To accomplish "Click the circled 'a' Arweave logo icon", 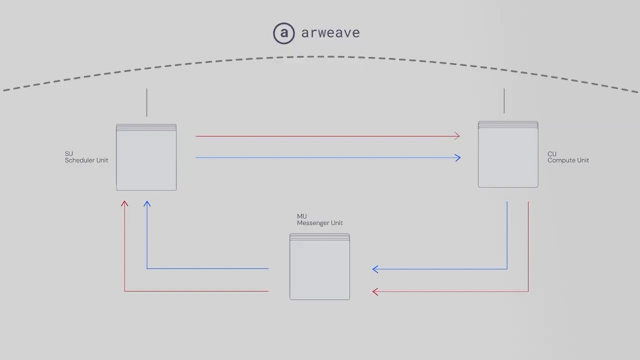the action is pos(283,33).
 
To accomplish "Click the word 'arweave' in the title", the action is pos(330,33).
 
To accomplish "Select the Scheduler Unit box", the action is pos(146,157).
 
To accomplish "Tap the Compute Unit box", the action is pos(508,154).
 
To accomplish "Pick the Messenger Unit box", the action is pos(319,266).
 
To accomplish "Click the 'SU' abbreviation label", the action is pos(69,153).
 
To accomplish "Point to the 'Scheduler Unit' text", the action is pos(86,160).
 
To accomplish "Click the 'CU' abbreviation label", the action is pos(552,154).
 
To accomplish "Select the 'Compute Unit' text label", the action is pos(568,160).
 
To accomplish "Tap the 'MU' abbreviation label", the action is pos(301,216).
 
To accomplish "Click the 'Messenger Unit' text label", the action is pos(319,223).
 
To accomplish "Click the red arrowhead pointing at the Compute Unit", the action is pos(457,136).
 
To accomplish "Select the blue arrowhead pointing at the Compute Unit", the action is pos(457,157).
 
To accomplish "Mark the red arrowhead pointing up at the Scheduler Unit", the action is pos(124,203).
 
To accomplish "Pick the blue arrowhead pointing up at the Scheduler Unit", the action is pos(147,203).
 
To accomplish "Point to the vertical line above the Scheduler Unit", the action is pos(147,102).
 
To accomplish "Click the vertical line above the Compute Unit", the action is pos(504,101).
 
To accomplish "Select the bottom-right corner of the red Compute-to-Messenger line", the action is pos(528,291).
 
